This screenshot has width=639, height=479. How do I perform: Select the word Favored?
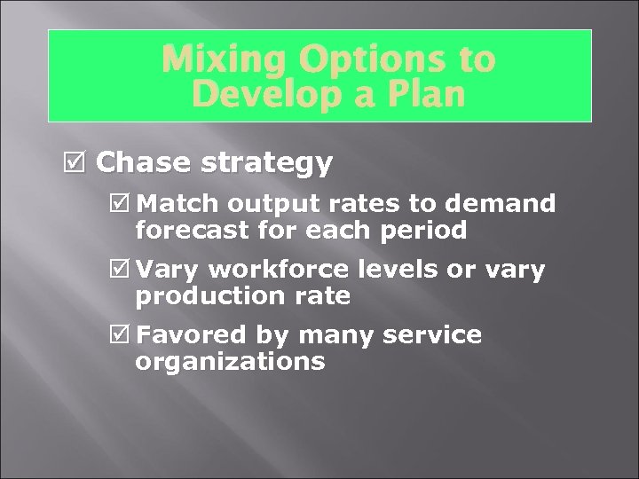[x=191, y=335]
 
